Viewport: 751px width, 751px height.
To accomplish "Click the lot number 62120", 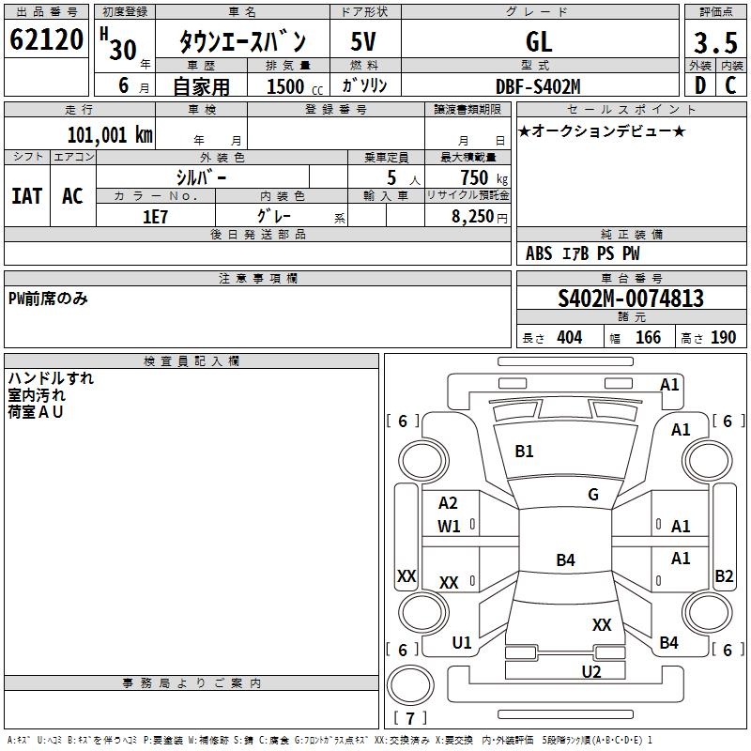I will coord(46,40).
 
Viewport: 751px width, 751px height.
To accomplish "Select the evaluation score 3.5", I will coord(713,42).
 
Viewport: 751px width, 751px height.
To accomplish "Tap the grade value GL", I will coord(539,42).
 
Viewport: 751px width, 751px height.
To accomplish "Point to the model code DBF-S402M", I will coord(538,86).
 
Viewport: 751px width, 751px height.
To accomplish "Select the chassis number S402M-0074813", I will coord(631,299).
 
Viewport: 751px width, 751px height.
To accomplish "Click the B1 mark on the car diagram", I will coord(524,452).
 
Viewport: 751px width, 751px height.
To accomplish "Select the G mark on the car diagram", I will coord(593,495).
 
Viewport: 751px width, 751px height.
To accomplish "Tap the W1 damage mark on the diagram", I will coord(449,527).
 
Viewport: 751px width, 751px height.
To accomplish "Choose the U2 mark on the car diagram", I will coord(591,671).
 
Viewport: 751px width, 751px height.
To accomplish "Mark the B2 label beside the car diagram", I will coord(724,576).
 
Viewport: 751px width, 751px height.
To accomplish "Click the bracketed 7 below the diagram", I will coord(410,718).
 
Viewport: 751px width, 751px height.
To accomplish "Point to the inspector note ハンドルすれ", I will coord(51,379).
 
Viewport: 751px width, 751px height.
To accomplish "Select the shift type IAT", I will coord(26,195).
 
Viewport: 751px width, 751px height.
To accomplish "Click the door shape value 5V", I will coord(363,42).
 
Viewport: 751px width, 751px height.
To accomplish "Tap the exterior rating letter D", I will coord(699,85).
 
